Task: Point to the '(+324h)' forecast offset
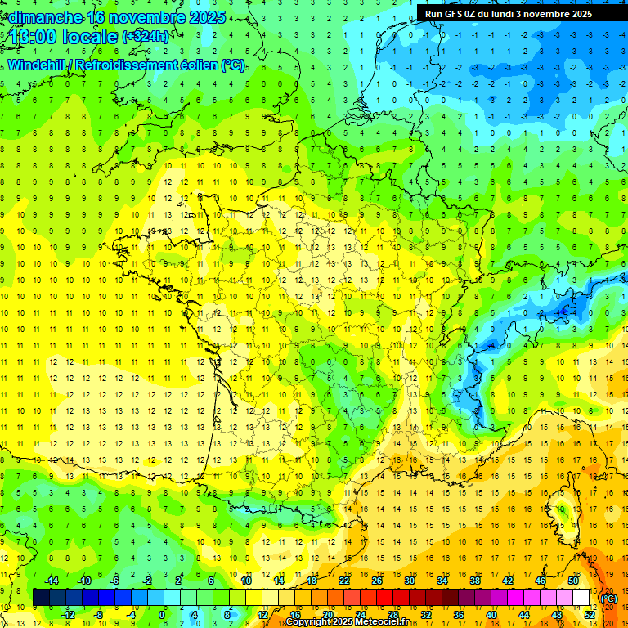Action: (x=146, y=37)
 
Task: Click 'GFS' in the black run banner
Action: (x=455, y=13)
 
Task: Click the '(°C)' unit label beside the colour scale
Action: (x=609, y=599)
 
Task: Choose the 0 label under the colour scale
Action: (x=162, y=614)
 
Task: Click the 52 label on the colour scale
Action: (x=590, y=614)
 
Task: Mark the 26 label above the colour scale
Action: (x=377, y=581)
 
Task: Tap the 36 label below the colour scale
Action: (x=458, y=614)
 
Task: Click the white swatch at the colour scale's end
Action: (x=581, y=597)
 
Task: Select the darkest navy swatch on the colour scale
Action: (x=42, y=597)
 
